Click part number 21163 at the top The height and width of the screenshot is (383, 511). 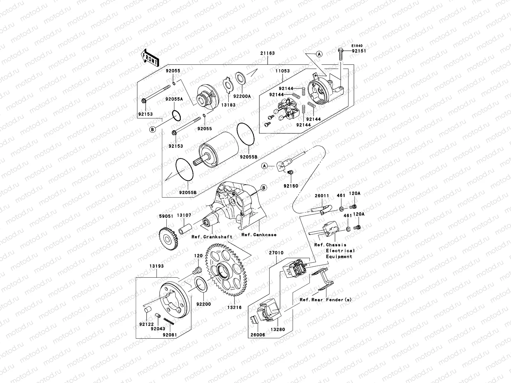268,53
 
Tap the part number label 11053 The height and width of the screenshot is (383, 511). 282,71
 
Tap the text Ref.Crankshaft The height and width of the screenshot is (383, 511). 212,237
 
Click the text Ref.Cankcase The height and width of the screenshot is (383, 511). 259,235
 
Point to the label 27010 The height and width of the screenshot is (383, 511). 276,253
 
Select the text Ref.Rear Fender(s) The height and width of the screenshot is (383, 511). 325,300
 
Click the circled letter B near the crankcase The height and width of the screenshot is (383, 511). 264,188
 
